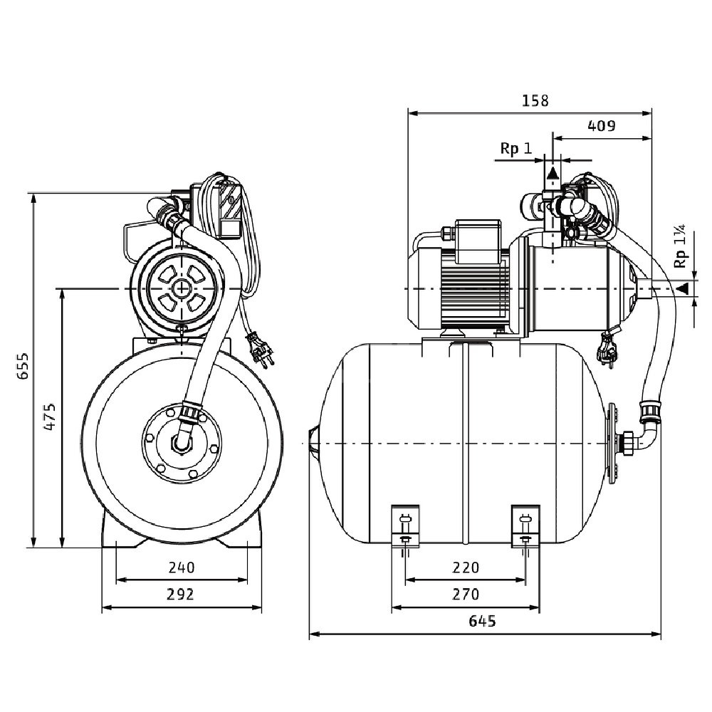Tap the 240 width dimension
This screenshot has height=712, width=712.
click(182, 567)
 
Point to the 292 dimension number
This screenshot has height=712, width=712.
click(182, 595)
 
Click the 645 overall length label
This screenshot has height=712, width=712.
click(482, 621)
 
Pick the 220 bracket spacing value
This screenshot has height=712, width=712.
click(466, 567)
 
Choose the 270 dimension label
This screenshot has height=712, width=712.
click(466, 594)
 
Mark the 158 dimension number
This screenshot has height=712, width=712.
click(535, 100)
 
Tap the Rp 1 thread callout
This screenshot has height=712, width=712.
click(515, 149)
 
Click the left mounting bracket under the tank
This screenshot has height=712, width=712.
click(406, 526)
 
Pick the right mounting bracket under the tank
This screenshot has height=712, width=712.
click(526, 526)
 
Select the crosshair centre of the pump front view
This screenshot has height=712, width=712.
click(182, 288)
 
